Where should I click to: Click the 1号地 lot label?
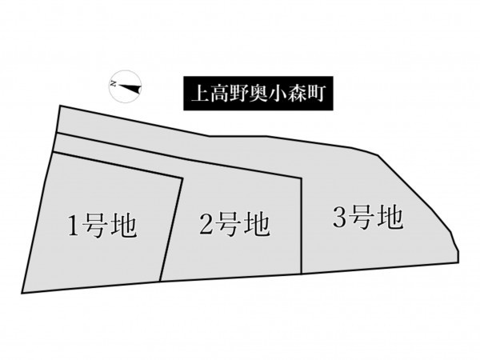coord(102,226)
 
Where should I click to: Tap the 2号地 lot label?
coord(234,225)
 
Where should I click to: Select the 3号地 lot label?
coord(368,218)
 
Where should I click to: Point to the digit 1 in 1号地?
coord(74,226)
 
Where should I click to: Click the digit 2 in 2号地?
coord(207,224)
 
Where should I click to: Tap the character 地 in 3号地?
coord(390,218)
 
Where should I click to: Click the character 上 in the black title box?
coord(198,93)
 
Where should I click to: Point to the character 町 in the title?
coord(316,93)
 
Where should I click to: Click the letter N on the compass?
coord(114,84)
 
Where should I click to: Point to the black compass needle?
coord(130,88)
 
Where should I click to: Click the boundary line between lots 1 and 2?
coord(171,229)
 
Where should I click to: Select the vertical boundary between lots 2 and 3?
coord(302,226)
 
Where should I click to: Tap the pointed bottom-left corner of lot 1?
coord(22,294)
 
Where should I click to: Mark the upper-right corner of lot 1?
coord(182,178)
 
